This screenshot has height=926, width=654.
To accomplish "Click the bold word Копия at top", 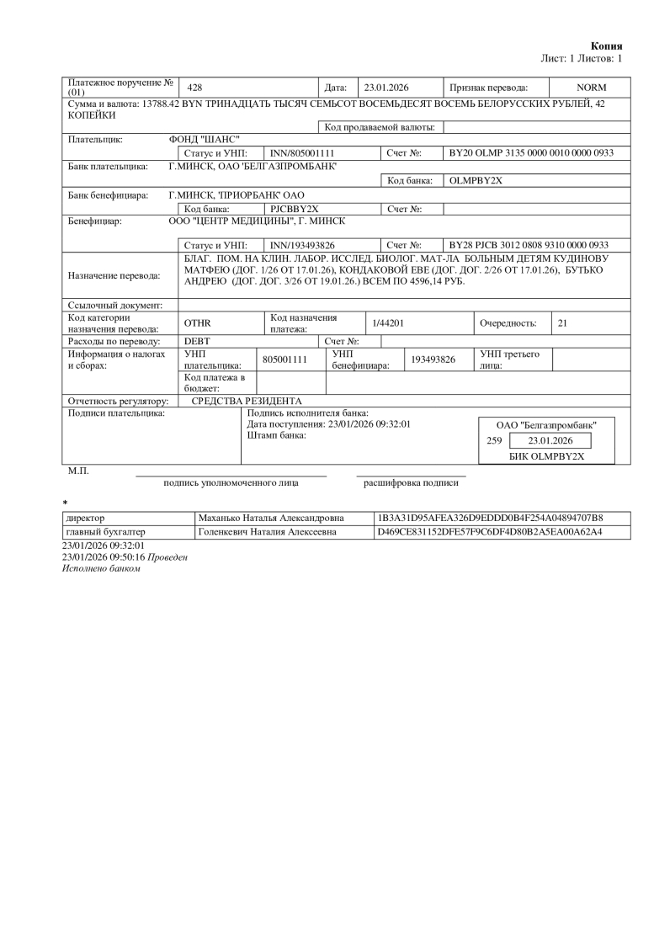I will tap(607, 46).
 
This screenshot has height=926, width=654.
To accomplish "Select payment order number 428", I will tap(194, 88).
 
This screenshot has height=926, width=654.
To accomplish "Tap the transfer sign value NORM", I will tap(591, 88).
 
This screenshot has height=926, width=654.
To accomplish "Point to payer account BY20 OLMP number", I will tap(530, 153).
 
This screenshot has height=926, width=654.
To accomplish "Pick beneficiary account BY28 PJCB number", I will tap(529, 244).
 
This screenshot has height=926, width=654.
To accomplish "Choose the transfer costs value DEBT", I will tap(197, 341).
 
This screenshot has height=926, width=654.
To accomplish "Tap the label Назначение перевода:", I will tap(114, 274).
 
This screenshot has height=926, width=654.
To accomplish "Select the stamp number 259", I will tap(495, 440).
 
